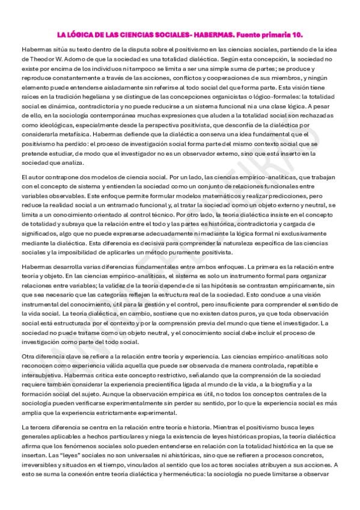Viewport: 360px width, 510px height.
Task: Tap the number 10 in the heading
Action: (288, 35)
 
